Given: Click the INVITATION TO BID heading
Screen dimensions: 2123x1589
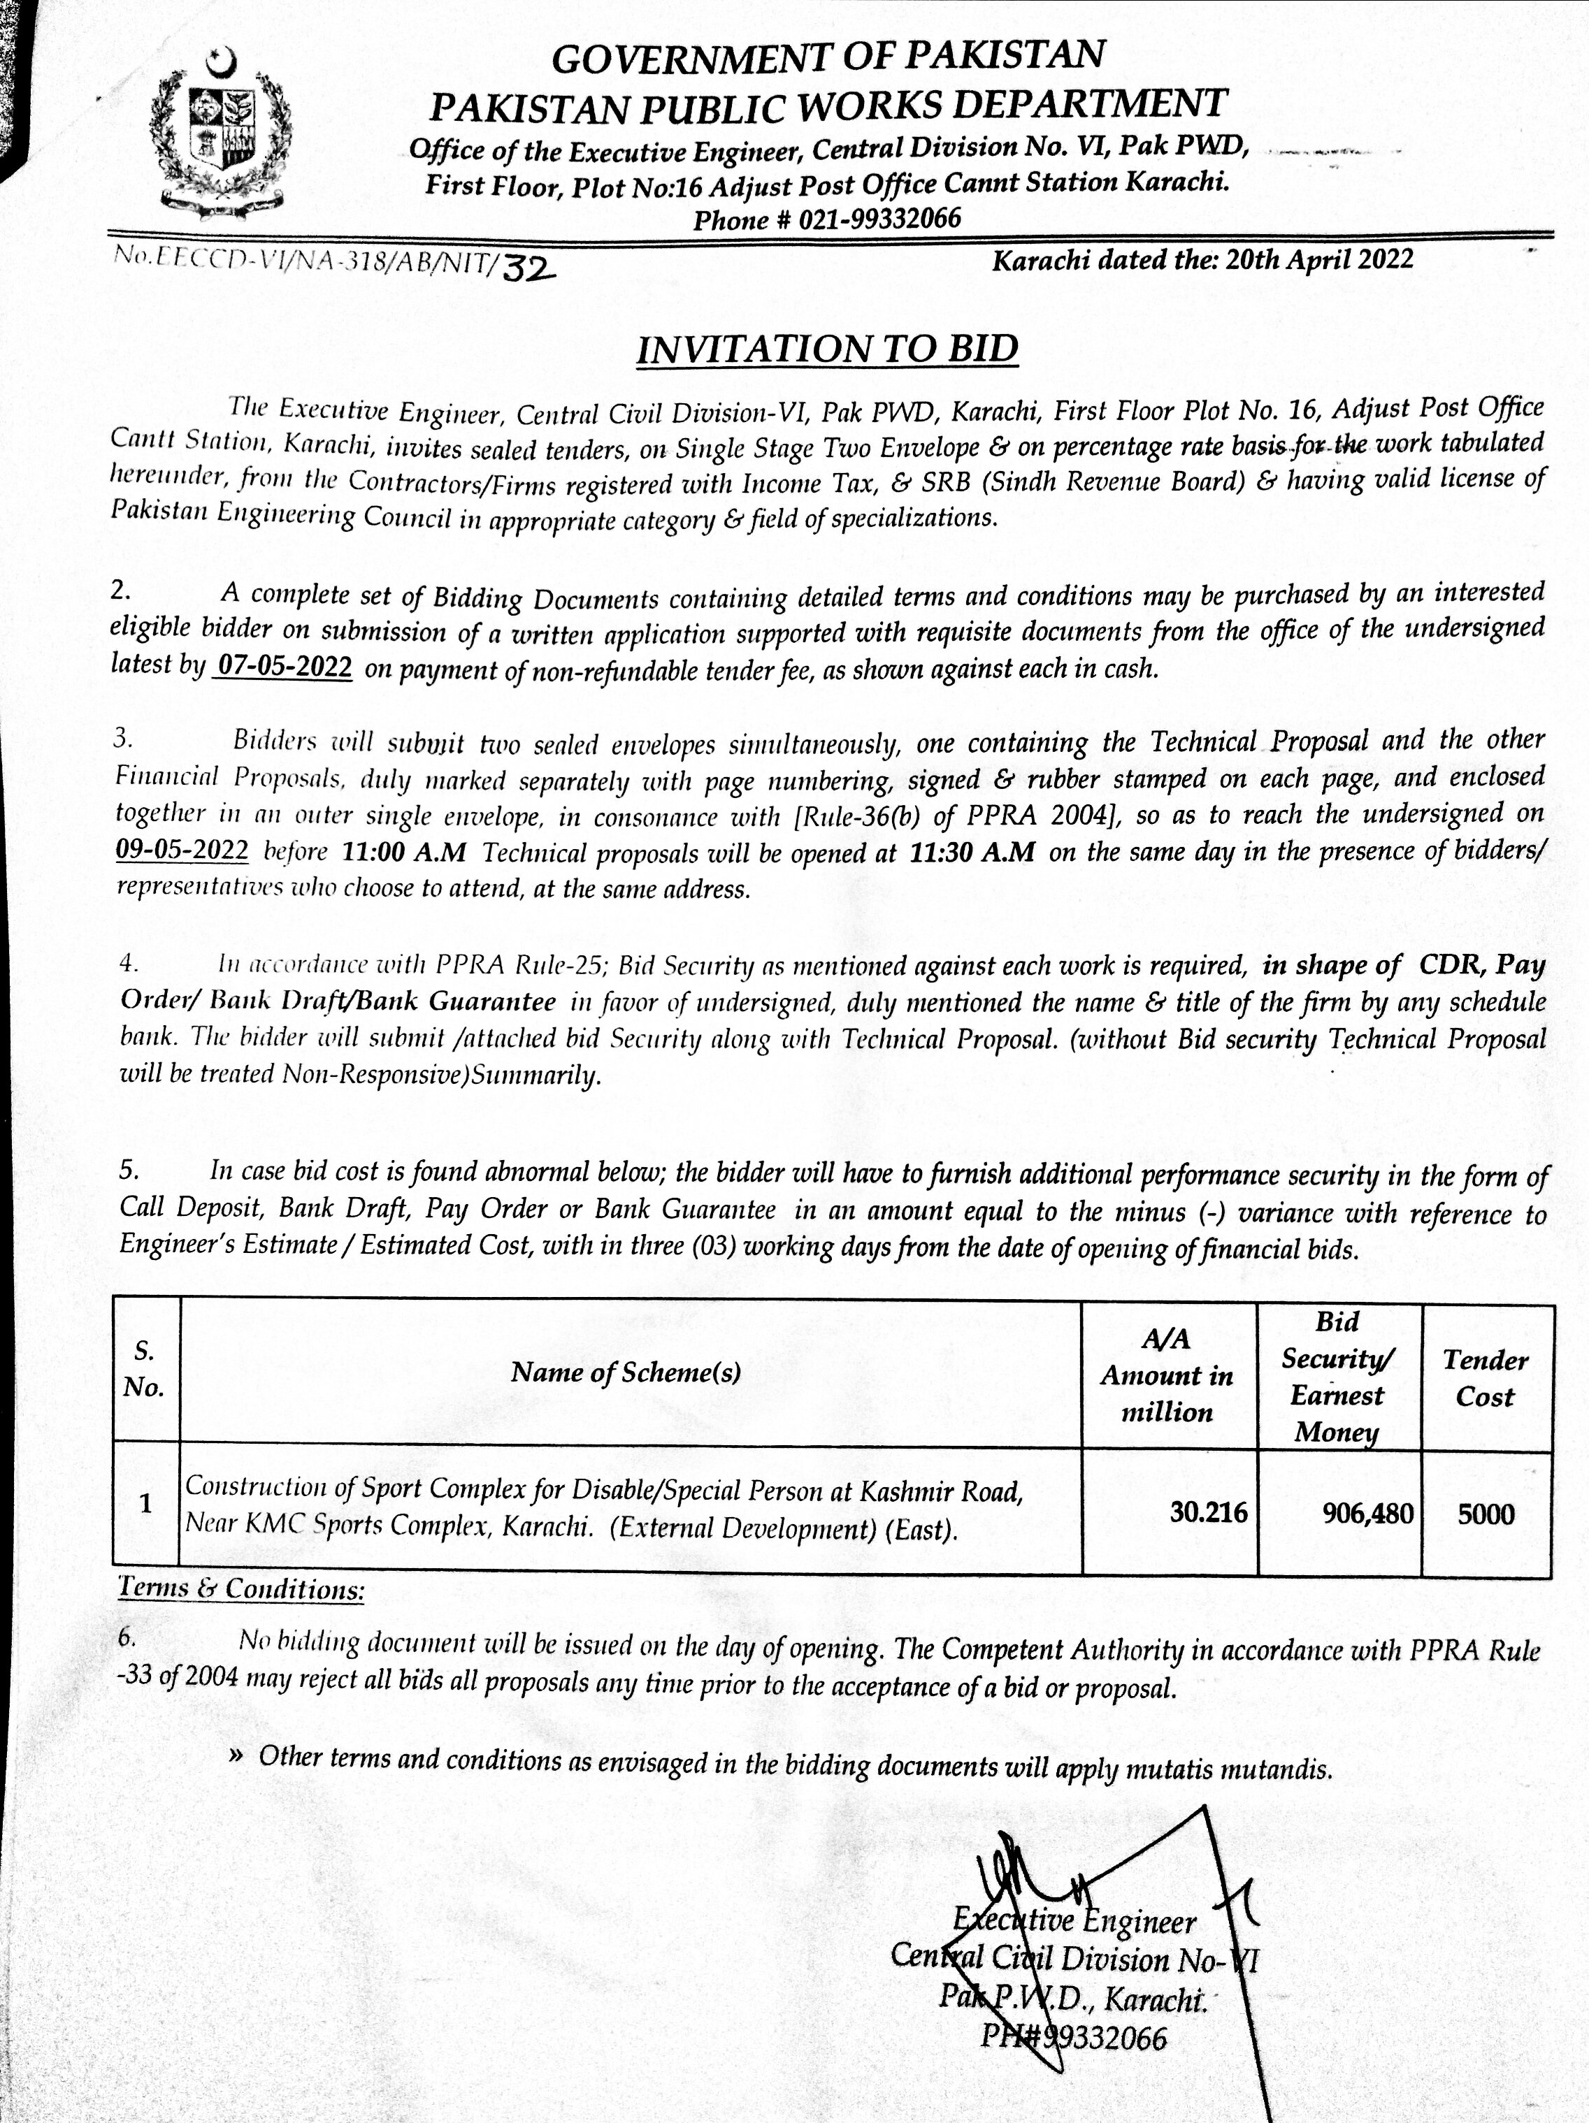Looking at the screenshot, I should [x=827, y=349].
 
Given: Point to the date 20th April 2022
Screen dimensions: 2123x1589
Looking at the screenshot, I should [x=1319, y=259].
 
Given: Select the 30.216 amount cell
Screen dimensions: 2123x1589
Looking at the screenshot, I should [x=1208, y=1514].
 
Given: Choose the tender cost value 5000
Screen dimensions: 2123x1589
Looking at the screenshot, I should [x=1486, y=1514].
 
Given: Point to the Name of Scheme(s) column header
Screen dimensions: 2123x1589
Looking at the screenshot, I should [x=625, y=1372].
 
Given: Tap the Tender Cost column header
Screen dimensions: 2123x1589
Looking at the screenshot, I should [x=1484, y=1378].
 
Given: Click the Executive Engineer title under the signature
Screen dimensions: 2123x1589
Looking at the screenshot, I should [x=1074, y=1894].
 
